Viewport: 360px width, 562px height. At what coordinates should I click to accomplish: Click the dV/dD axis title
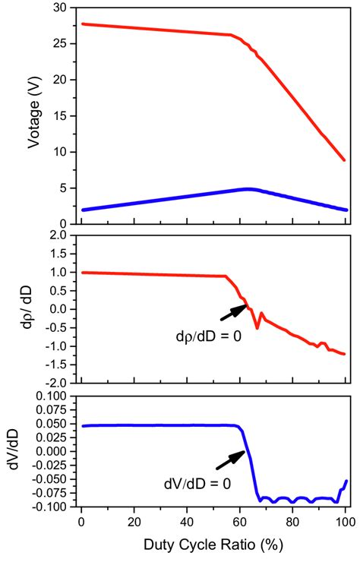click(15, 450)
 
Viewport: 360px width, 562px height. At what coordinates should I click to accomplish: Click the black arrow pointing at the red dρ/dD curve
click(232, 311)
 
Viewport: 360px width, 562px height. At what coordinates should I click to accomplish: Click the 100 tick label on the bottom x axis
click(345, 523)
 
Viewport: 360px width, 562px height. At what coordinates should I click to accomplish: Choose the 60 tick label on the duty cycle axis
click(240, 523)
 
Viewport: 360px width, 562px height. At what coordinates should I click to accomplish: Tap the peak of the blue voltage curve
click(248, 188)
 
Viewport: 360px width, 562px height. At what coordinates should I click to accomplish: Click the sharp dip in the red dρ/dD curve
click(257, 327)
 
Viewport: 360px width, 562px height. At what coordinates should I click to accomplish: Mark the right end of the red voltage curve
click(344, 160)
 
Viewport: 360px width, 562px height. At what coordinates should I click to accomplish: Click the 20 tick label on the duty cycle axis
click(134, 523)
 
